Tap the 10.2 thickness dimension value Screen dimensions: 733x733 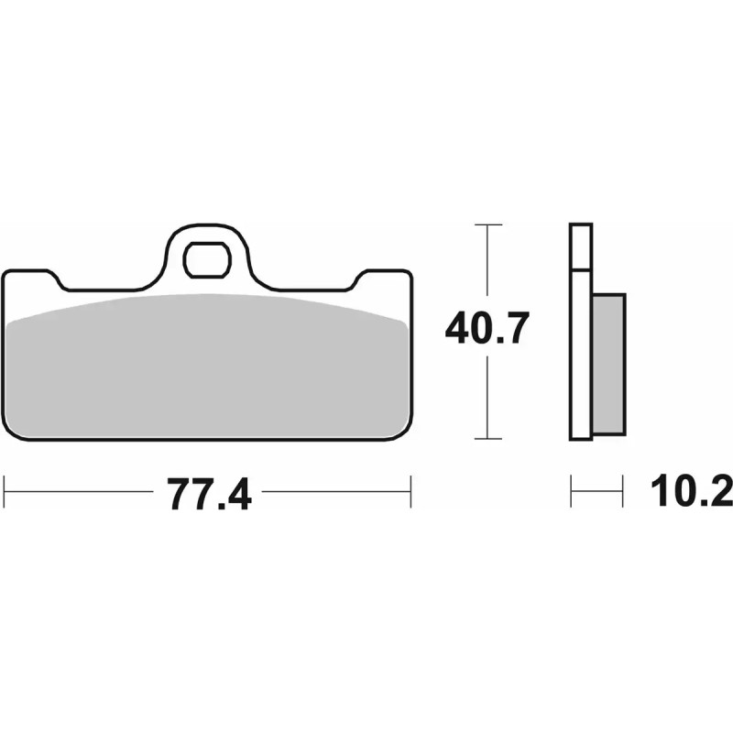(693, 492)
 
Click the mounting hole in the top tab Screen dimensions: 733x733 (206, 260)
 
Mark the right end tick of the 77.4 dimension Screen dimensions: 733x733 (410, 492)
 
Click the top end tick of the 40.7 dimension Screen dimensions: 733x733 (487, 224)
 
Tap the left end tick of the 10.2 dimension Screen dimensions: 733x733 (571, 492)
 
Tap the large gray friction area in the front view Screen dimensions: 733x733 (207, 366)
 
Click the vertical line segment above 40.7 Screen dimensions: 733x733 (487, 266)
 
